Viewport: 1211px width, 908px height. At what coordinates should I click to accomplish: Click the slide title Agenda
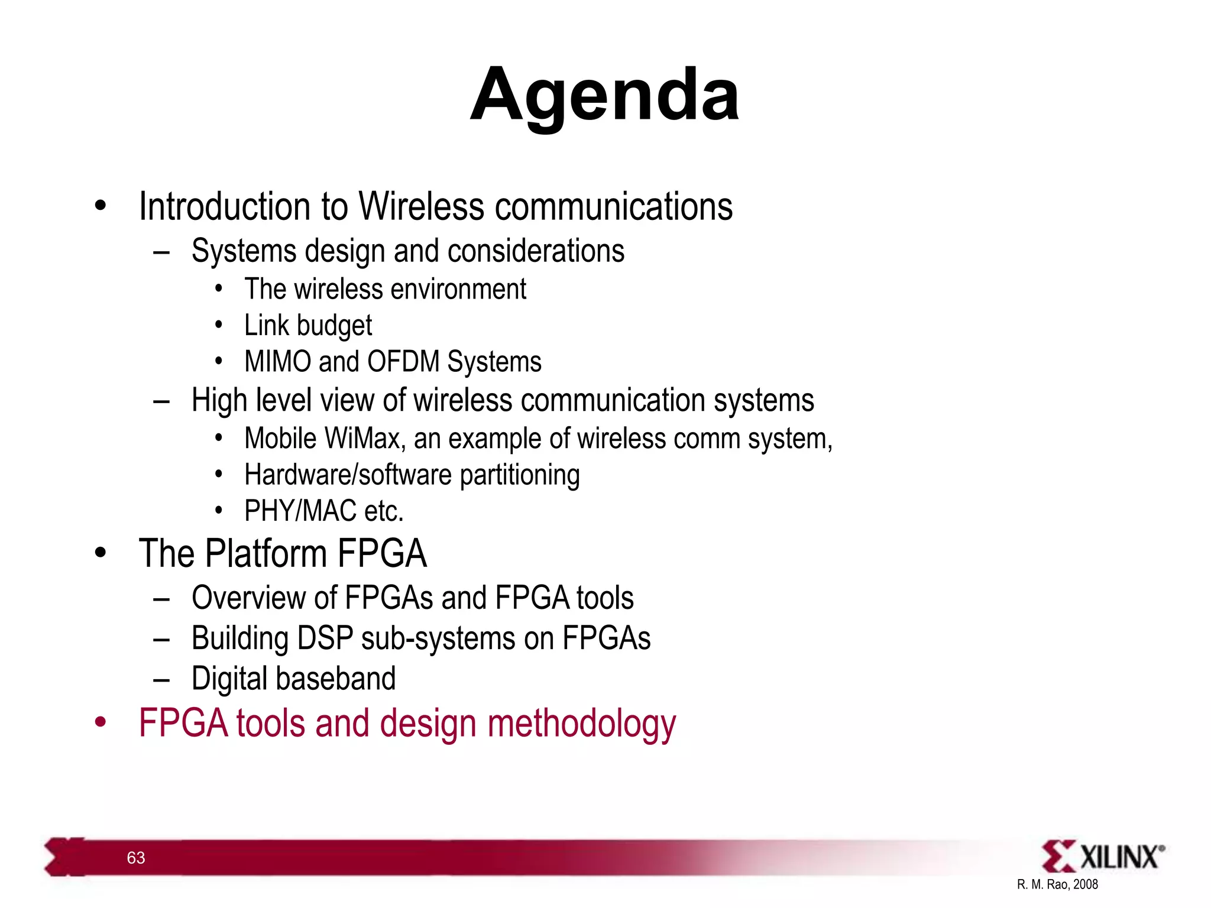[604, 95]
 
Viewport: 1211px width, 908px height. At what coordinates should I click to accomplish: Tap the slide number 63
[136, 858]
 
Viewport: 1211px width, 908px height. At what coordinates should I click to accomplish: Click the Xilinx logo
[1103, 856]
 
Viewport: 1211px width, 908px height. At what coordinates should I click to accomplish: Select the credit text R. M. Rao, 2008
[1057, 884]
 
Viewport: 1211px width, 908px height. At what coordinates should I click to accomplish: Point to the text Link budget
[308, 325]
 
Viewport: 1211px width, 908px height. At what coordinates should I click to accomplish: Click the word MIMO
[277, 361]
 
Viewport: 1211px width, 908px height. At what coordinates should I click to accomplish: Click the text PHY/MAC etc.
[323, 511]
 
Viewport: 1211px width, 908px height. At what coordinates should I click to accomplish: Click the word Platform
[266, 554]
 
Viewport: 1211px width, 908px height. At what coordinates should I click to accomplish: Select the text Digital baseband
[293, 679]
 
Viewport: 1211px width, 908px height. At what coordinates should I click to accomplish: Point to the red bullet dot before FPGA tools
[101, 722]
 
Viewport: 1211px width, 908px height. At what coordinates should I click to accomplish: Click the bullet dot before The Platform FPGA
[101, 553]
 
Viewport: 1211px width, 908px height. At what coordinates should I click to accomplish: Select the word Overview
[248, 598]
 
